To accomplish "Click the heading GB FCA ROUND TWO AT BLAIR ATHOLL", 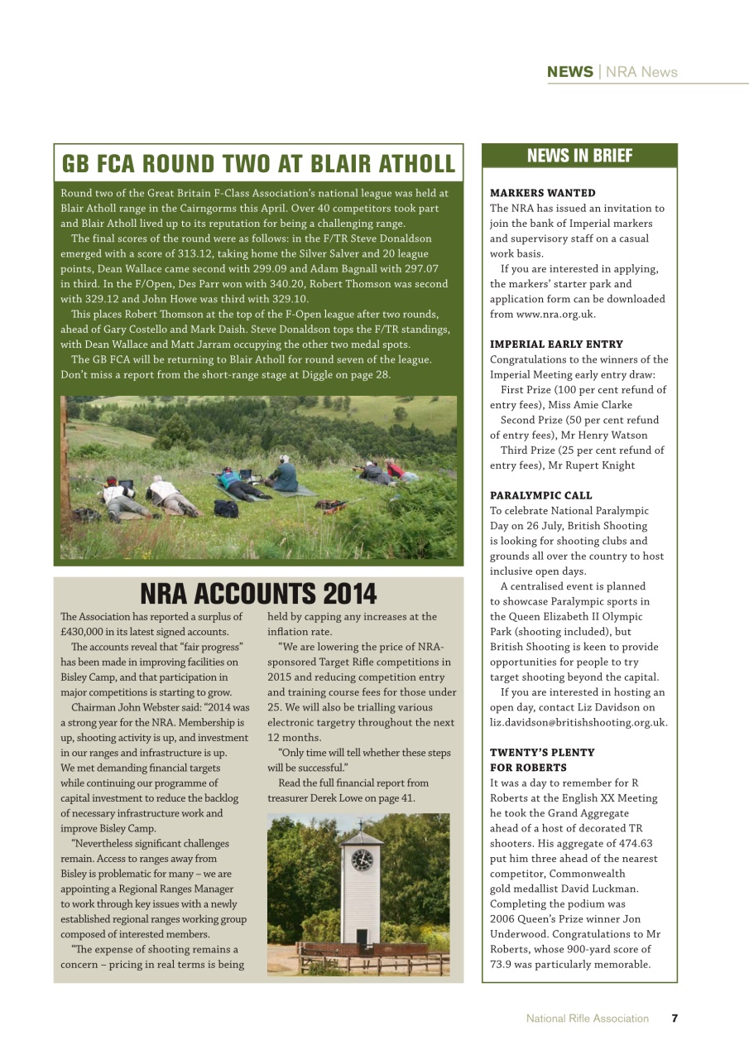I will pyautogui.click(x=258, y=163).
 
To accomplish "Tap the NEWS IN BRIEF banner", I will pyautogui.click(x=579, y=156).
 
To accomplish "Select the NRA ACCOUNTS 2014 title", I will pyautogui.click(x=258, y=594).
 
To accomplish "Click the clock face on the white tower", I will pyautogui.click(x=362, y=860).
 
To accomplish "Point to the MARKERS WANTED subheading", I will pyautogui.click(x=543, y=193).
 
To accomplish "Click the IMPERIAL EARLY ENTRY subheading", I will pyautogui.click(x=556, y=344).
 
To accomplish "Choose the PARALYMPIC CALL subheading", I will pyautogui.click(x=540, y=495).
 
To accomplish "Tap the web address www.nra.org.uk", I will pyautogui.click(x=542, y=314).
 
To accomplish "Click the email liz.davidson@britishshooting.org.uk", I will pyautogui.click(x=578, y=722).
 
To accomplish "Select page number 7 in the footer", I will pyautogui.click(x=675, y=1019).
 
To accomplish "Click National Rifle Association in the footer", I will pyautogui.click(x=587, y=1019).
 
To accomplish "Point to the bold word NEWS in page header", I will pyautogui.click(x=569, y=72).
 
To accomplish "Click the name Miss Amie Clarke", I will pyautogui.click(x=593, y=405).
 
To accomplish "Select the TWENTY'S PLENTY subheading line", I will pyautogui.click(x=542, y=752).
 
